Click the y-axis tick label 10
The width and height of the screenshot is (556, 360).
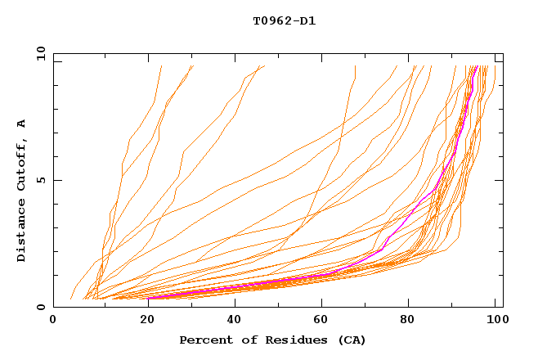coord(40,53)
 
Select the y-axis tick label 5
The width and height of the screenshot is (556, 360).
coord(43,180)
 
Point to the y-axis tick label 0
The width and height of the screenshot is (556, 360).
coord(43,307)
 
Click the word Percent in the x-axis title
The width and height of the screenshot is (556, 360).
coord(206,340)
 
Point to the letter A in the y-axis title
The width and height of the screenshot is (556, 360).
coord(22,123)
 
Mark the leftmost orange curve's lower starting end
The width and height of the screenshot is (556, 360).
coord(72,298)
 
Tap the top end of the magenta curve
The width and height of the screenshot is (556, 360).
coord(477,66)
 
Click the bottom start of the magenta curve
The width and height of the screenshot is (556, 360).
coord(148,298)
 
